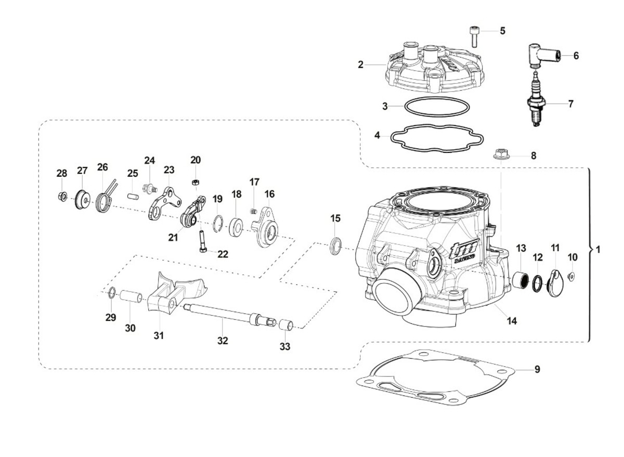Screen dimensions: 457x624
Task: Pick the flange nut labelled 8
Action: pos(500,154)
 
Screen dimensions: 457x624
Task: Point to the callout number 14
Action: pos(512,321)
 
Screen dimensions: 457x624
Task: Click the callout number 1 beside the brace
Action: pos(597,250)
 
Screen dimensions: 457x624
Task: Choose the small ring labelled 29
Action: pos(111,293)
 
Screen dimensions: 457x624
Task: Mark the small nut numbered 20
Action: pos(196,181)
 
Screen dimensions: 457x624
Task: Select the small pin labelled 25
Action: pos(134,197)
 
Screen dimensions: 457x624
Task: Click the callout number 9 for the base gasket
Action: pos(537,369)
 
